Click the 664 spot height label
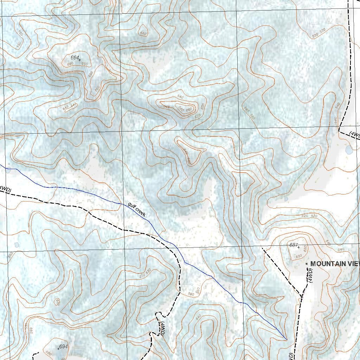75,58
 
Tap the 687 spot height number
293,245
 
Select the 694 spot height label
63,347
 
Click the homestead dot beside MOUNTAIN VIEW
307,263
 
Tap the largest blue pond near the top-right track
348,150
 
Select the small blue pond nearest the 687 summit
286,199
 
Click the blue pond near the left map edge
17,245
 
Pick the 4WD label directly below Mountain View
310,275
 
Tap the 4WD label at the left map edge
5,189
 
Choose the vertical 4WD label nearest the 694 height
162,328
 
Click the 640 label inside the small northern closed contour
143,33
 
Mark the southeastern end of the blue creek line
287,340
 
